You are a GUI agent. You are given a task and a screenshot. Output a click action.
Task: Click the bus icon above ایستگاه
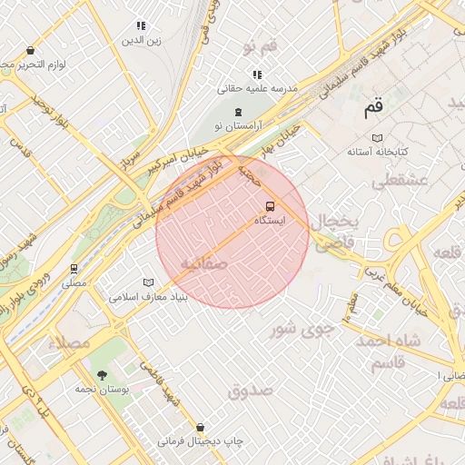(x=270, y=206)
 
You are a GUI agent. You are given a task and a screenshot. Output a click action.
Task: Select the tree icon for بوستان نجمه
(x=101, y=374)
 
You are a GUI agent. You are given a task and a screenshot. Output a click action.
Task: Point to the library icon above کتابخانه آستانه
(x=376, y=138)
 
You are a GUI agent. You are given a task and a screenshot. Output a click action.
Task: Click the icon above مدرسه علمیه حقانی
(x=257, y=74)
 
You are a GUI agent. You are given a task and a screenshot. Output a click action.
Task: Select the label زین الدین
(x=142, y=41)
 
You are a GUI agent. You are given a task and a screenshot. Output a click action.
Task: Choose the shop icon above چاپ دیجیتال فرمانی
(x=200, y=427)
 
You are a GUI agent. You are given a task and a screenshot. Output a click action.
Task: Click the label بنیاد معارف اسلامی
(x=148, y=297)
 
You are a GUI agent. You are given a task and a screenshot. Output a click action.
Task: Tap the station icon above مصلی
(x=74, y=269)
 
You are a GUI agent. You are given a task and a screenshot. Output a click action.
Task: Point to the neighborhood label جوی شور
(x=303, y=329)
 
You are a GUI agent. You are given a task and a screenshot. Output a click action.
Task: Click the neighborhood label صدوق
(x=251, y=391)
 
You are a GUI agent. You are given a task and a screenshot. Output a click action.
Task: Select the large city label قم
(x=373, y=107)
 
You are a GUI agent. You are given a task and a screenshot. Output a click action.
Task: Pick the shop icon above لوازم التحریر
(x=32, y=51)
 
